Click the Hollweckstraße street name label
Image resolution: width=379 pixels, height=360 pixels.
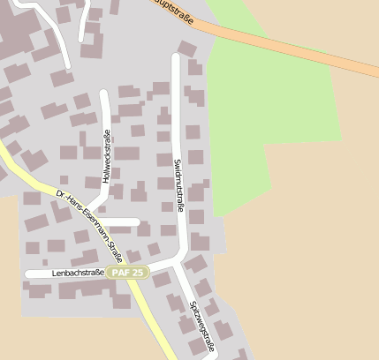click(106, 156)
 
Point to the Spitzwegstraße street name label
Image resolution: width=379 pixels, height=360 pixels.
click(201, 326)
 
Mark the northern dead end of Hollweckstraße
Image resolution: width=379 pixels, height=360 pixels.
click(105, 93)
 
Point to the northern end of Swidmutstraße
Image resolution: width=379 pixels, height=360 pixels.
click(176, 57)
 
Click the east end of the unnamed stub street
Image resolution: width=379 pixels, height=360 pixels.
click(137, 221)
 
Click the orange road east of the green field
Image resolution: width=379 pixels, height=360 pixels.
click(353, 66)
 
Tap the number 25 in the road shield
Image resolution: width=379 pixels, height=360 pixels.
click(136, 273)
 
